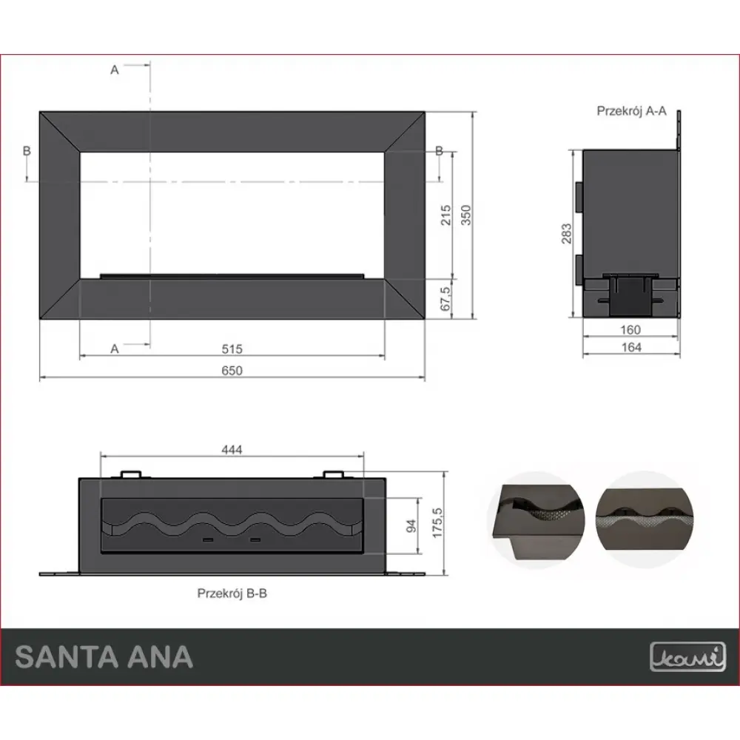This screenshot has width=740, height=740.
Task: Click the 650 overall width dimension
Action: tap(232, 370)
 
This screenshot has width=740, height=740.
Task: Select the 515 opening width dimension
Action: tap(232, 348)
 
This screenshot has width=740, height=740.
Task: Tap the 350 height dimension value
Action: tap(465, 215)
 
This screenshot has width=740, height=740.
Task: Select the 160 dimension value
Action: tap(631, 330)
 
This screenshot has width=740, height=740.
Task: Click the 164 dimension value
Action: tap(631, 347)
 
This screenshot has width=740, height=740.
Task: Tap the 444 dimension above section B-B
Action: tap(232, 449)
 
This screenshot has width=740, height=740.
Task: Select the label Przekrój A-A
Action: tap(632, 111)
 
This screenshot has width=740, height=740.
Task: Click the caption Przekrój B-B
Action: tap(231, 593)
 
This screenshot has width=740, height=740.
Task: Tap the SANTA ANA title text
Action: tap(104, 656)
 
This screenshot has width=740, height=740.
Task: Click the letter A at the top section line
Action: tap(115, 70)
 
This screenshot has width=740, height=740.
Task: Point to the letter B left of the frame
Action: tap(27, 150)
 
